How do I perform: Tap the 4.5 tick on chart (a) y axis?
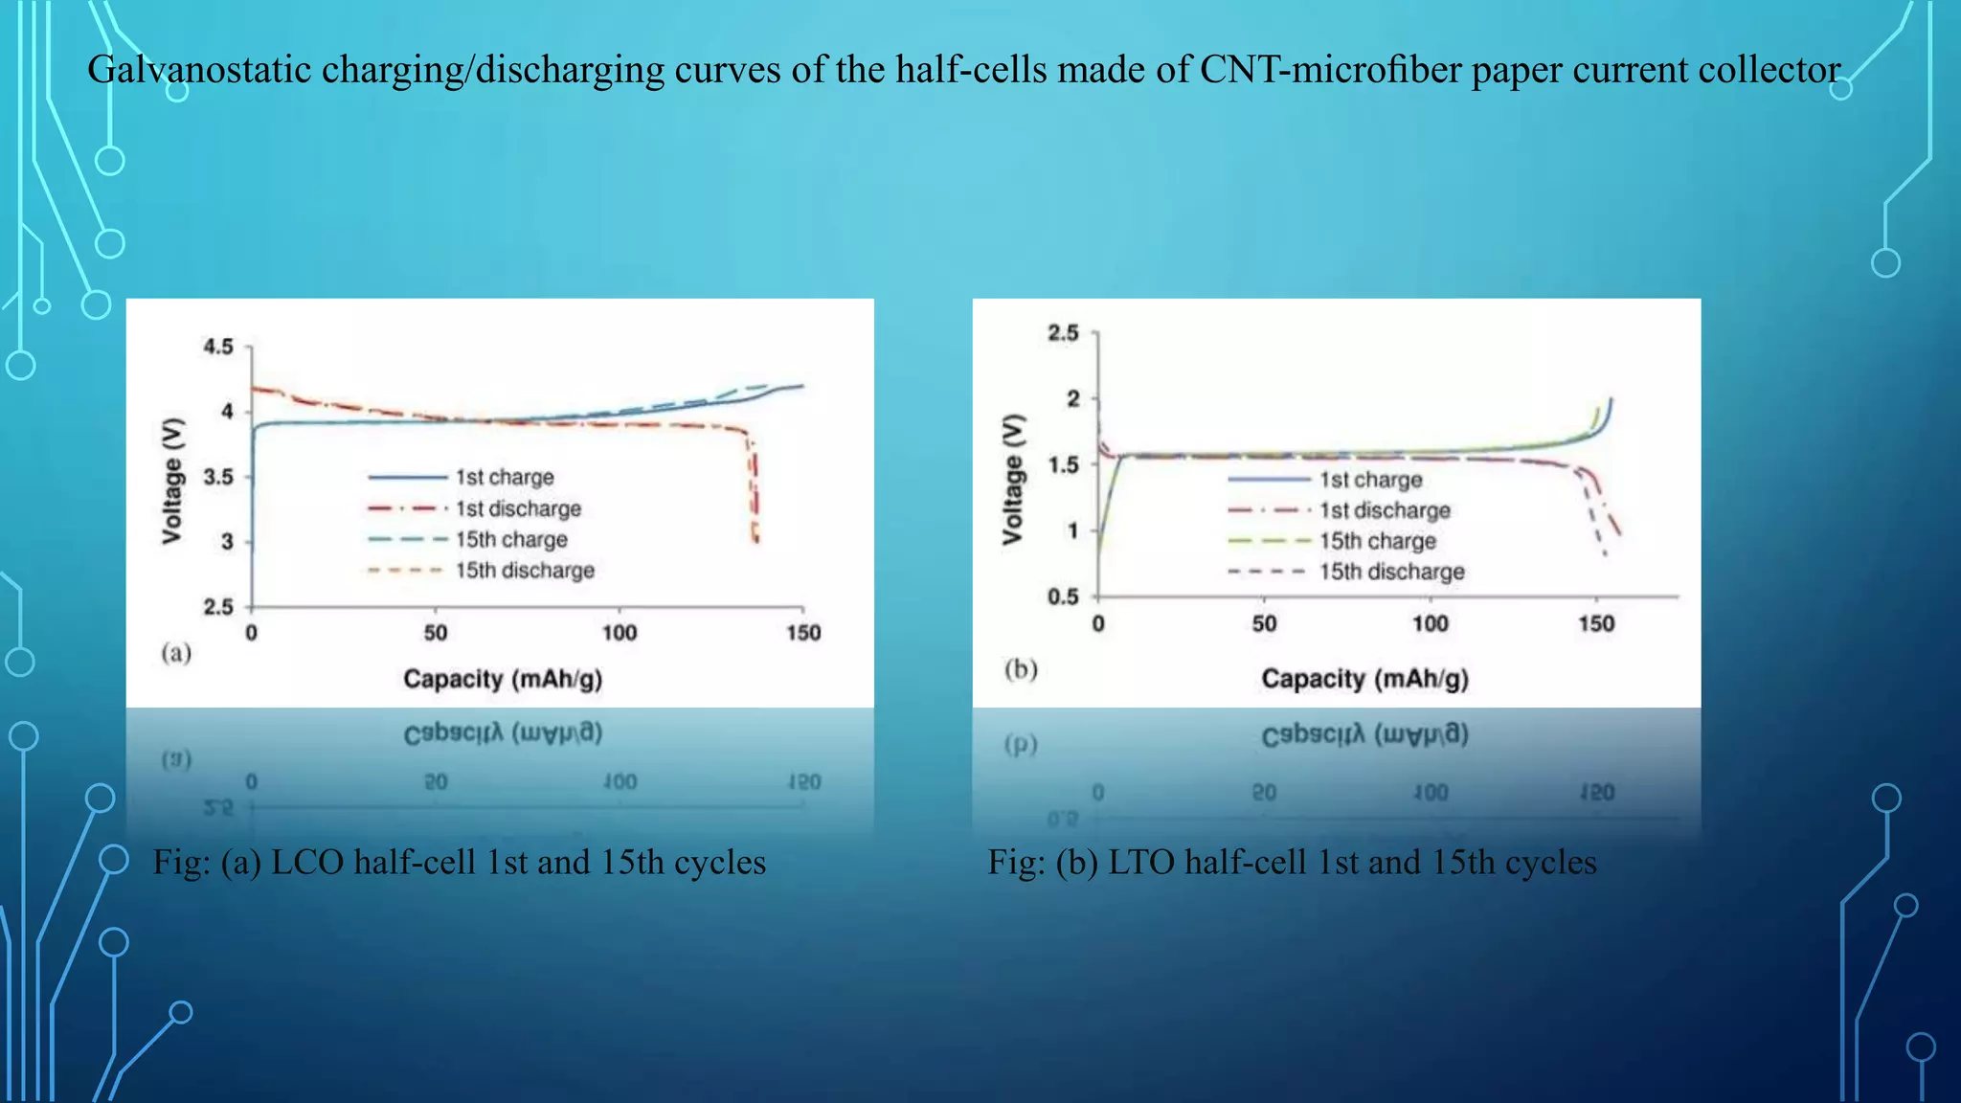pyautogui.click(x=218, y=347)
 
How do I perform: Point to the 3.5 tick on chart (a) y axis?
pyautogui.click(x=218, y=477)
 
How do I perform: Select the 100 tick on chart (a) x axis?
pyautogui.click(x=620, y=633)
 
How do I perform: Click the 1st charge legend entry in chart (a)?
pyautogui.click(x=505, y=477)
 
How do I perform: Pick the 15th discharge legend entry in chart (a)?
pyautogui.click(x=525, y=571)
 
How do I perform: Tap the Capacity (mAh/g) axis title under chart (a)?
pyautogui.click(x=503, y=679)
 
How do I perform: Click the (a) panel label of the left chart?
pyautogui.click(x=176, y=653)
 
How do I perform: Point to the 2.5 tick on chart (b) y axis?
pyautogui.click(x=1063, y=333)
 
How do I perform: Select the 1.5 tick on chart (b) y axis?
pyautogui.click(x=1063, y=465)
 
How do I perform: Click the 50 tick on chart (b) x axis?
pyautogui.click(x=1264, y=624)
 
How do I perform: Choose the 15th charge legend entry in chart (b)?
pyautogui.click(x=1378, y=541)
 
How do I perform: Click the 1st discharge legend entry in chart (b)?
pyautogui.click(x=1385, y=510)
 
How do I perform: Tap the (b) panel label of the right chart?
pyautogui.click(x=1021, y=668)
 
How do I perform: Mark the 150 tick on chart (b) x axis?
pyautogui.click(x=1596, y=624)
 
